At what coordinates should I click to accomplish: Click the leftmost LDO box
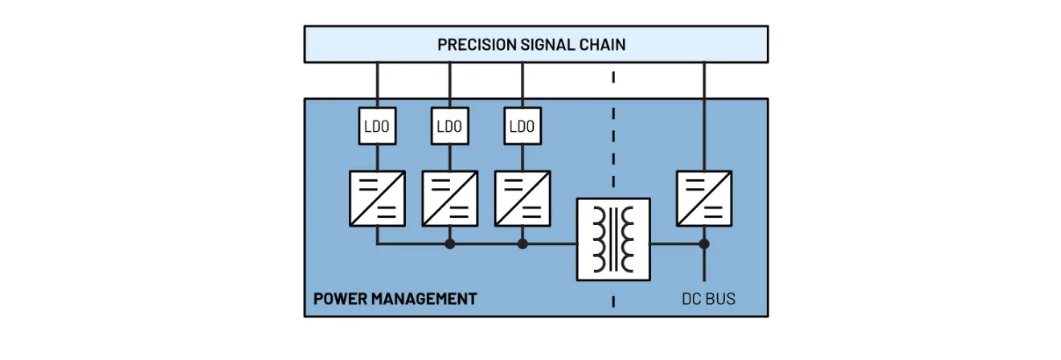(x=377, y=126)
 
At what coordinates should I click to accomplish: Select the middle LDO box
(x=449, y=126)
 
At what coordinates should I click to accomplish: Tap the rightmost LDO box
(x=522, y=126)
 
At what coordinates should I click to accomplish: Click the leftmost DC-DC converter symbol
(x=377, y=198)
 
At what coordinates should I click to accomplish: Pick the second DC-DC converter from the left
(x=449, y=198)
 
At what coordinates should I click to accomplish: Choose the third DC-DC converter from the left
(x=522, y=198)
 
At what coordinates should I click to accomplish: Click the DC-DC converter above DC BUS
(x=704, y=198)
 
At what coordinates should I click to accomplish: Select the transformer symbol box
(x=613, y=239)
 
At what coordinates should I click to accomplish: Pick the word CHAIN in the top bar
(x=603, y=44)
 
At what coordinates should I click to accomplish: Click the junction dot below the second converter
(x=449, y=243)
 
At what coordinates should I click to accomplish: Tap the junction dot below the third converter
(x=522, y=243)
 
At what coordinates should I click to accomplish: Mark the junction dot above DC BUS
(x=704, y=243)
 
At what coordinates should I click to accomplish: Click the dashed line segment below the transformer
(x=613, y=301)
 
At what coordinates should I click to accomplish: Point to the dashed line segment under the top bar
(x=613, y=78)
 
